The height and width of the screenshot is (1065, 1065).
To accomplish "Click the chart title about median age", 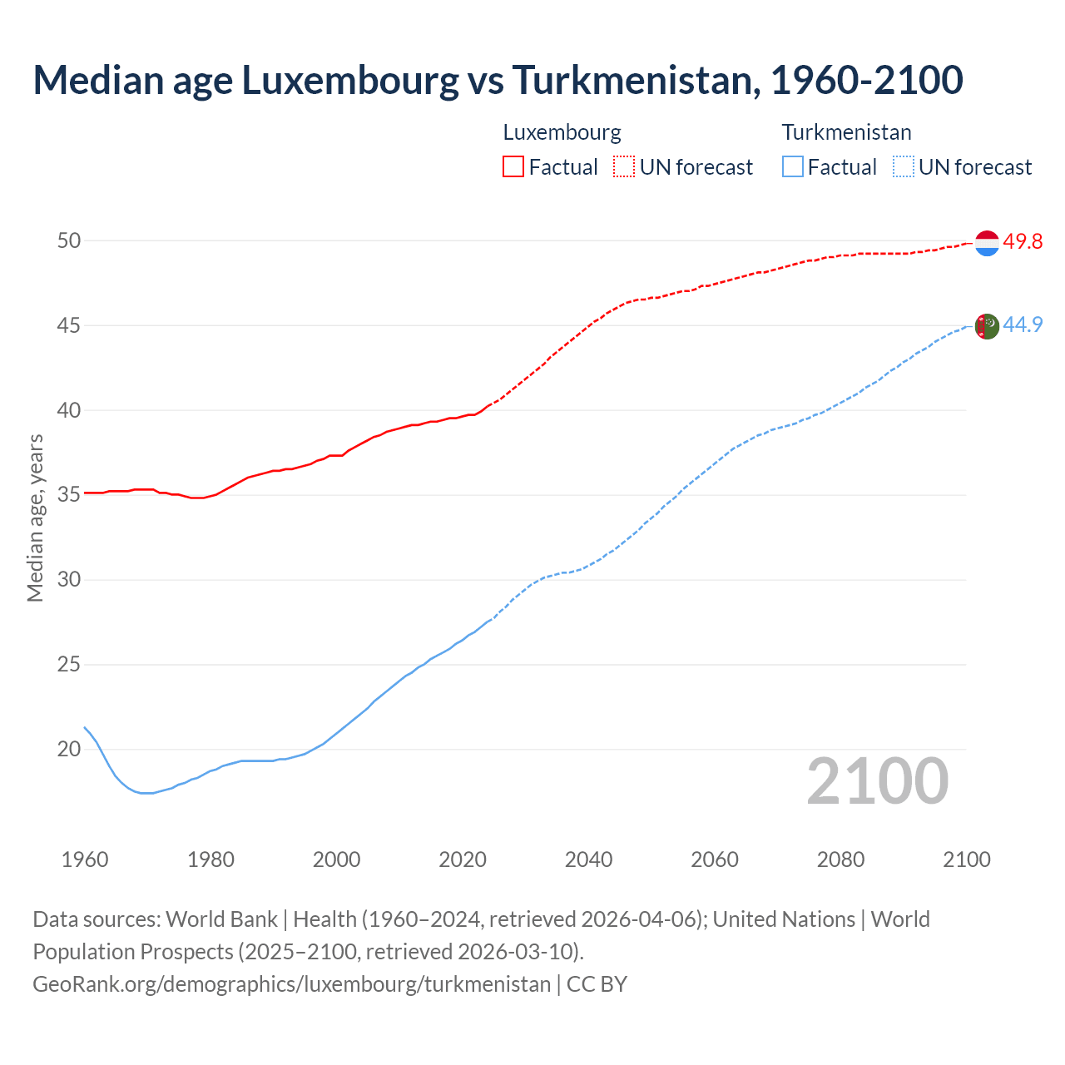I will click(498, 80).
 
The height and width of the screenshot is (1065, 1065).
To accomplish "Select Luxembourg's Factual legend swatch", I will click(513, 167).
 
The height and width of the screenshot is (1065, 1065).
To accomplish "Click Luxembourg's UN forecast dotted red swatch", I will click(624, 167).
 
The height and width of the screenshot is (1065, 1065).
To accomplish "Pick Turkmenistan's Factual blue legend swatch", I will click(793, 167).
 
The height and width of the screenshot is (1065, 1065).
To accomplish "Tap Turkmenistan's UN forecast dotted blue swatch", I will click(904, 167).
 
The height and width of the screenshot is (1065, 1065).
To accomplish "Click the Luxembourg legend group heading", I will click(562, 132).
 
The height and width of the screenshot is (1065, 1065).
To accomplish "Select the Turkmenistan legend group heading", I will click(846, 132).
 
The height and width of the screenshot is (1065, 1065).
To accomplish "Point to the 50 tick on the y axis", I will click(69, 241).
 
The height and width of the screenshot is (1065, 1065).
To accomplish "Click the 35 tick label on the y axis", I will click(69, 495).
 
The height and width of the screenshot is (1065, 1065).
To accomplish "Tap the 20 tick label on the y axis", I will click(69, 750).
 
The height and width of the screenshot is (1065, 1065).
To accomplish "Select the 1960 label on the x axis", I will click(85, 859).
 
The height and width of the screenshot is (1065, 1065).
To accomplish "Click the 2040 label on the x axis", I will click(588, 859).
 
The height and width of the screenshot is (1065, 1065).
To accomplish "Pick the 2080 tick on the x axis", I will click(840, 859).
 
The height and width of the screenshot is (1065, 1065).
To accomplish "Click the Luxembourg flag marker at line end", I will click(987, 243).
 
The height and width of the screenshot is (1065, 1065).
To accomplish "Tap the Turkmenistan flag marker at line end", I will click(987, 326).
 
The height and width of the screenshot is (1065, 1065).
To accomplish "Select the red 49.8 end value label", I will click(1023, 242).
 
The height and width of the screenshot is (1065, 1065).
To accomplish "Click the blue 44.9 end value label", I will click(1023, 324).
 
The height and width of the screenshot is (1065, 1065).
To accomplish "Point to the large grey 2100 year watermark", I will click(877, 780).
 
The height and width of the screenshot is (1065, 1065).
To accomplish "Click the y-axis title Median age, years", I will click(35, 518).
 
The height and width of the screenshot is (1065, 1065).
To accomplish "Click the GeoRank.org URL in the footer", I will click(291, 984).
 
